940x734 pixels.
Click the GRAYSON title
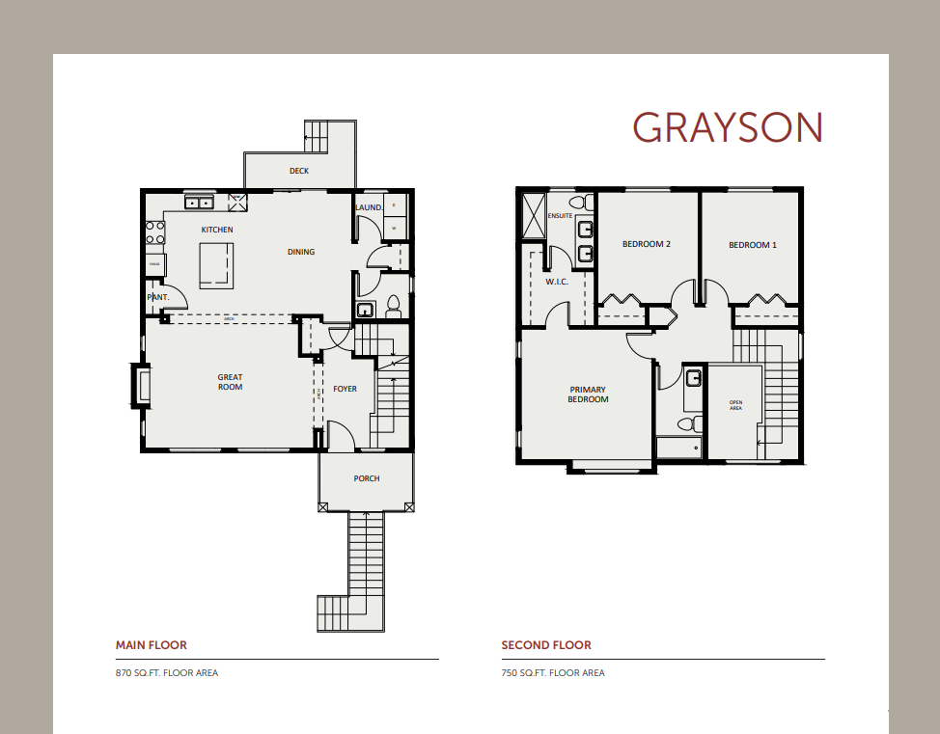(x=727, y=127)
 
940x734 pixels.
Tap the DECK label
(x=299, y=172)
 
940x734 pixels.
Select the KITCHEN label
(x=217, y=230)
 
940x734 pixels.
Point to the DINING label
(x=301, y=252)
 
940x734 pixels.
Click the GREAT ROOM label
(x=230, y=382)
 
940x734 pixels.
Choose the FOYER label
(x=345, y=389)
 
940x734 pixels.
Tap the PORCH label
(x=367, y=478)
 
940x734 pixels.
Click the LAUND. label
(x=369, y=207)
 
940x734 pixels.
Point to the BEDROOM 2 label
(x=647, y=244)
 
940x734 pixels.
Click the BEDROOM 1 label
(x=752, y=245)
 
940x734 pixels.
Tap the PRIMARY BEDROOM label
(x=588, y=394)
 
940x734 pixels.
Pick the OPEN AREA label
(x=735, y=406)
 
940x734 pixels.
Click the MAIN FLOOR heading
(x=152, y=645)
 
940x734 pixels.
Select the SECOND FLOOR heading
(x=546, y=645)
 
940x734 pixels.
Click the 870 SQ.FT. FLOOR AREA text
(x=167, y=672)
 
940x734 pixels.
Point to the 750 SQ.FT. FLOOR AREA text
(x=553, y=672)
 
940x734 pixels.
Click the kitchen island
(x=216, y=264)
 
